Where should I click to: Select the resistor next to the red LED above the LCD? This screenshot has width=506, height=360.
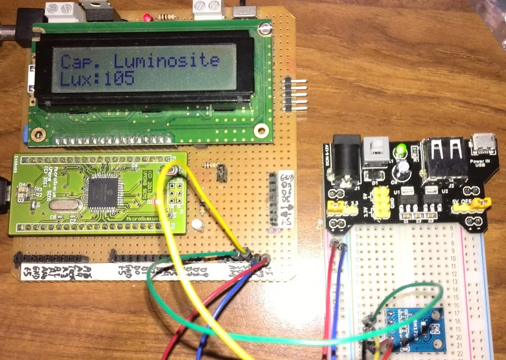[x=167, y=17]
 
